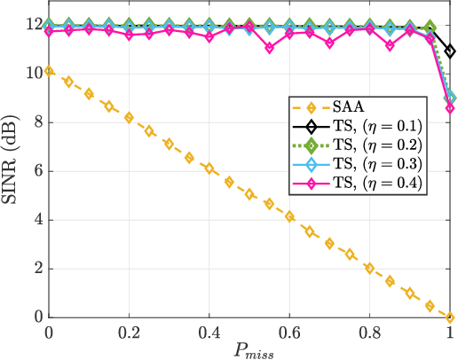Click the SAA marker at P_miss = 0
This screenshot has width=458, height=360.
coord(49,70)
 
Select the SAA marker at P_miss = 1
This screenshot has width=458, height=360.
coord(450,317)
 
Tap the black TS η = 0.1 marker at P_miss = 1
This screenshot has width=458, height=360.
coord(450,51)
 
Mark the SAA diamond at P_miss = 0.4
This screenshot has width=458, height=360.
coord(209,168)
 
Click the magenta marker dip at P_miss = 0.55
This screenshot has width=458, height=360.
coord(270,48)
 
